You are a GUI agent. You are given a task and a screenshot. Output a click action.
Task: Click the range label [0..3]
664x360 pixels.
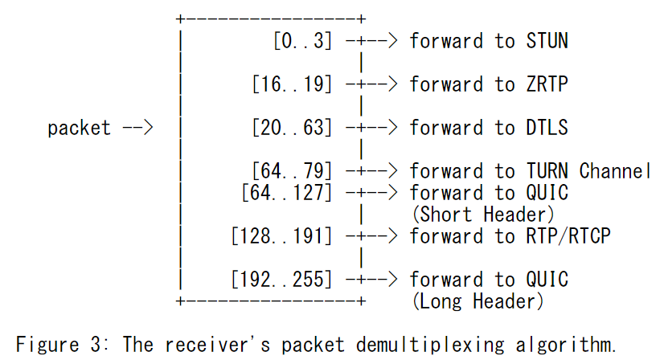(302, 41)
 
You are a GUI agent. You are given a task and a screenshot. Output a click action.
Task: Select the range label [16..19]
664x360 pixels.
(292, 84)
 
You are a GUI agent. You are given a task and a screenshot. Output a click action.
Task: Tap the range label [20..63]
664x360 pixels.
(292, 128)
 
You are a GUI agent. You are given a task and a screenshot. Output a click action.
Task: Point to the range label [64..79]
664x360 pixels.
(292, 171)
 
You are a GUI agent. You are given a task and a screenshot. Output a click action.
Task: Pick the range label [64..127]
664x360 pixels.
(287, 193)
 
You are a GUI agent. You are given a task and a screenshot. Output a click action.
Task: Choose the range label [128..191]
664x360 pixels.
(281, 236)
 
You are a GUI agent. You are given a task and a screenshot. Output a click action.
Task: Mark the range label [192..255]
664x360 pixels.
(281, 280)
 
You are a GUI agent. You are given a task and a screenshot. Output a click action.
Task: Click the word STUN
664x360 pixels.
(547, 41)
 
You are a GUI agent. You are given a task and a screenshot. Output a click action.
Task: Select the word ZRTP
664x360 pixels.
(547, 84)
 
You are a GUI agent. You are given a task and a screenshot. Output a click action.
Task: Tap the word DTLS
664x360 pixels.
(547, 128)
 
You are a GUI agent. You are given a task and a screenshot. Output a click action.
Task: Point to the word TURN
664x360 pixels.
(547, 171)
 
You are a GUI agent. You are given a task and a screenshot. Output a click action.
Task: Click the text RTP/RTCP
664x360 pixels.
(568, 236)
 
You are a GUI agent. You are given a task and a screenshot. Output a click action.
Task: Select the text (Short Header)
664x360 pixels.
(483, 215)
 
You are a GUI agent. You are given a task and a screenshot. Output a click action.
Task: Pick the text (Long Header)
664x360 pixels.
(478, 301)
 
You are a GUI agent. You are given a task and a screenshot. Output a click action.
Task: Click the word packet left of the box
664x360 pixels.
(80, 129)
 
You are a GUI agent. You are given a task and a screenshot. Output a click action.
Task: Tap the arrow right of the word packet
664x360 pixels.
(137, 128)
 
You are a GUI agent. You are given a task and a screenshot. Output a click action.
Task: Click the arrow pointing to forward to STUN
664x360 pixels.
(372, 41)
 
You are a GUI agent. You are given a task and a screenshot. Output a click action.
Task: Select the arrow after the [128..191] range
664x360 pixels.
(372, 236)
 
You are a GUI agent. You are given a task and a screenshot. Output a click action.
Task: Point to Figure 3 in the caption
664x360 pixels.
(58, 344)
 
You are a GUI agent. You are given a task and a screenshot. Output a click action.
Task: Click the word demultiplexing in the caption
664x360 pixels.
(430, 345)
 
